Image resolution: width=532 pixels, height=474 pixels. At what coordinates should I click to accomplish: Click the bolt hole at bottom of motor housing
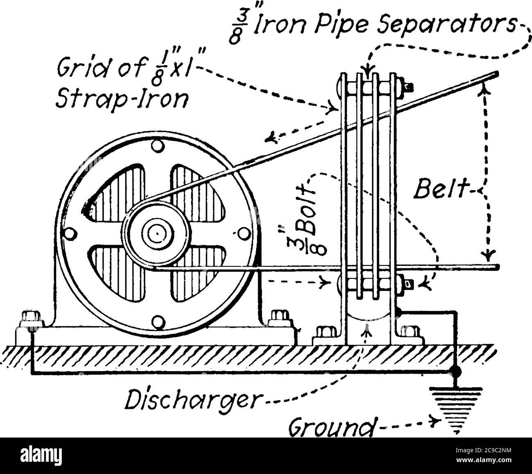(x=156, y=322)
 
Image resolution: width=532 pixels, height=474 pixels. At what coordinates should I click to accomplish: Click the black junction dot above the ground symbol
(x=453, y=371)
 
